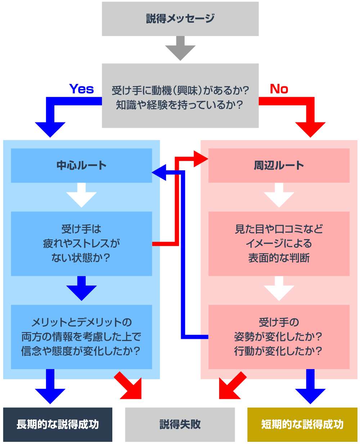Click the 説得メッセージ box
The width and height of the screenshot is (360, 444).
tap(180, 19)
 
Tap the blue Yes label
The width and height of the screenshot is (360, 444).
tap(81, 89)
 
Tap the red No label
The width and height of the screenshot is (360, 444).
tap(279, 89)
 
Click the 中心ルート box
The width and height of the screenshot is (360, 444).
tap(81, 165)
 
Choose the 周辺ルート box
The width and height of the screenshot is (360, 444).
tap(279, 165)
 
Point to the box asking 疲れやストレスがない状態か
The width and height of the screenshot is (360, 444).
tap(81, 243)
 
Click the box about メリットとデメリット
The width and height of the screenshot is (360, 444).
tap(81, 337)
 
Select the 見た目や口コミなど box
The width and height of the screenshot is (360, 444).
tap(279, 243)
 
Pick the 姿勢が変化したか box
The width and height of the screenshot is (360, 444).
tap(279, 337)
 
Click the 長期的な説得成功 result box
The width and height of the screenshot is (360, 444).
tap(58, 425)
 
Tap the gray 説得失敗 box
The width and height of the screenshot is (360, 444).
tap(180, 425)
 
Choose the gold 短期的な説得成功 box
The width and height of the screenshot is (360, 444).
tap(302, 425)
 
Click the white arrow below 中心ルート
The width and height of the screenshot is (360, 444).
tap(81, 196)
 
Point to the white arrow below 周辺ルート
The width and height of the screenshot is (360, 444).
tap(279, 196)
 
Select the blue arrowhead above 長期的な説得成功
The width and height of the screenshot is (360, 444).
tap(50, 394)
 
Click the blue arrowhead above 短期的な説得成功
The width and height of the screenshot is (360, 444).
tap(310, 394)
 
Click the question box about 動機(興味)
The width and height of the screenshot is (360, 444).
tap(180, 96)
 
